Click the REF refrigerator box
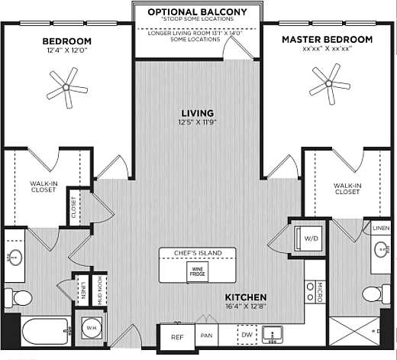coord(176,336)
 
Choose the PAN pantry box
coord(205,336)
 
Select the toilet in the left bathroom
coord(21,297)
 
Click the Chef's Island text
coord(198,253)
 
